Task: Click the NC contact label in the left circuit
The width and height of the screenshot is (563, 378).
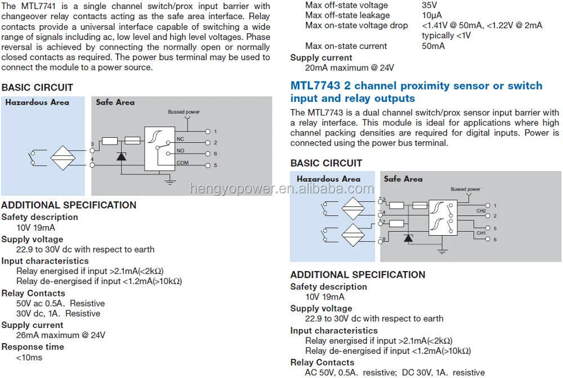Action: coord(180,138)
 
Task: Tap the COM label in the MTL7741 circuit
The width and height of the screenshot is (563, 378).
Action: coord(182,163)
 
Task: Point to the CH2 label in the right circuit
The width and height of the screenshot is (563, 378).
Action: coord(481,211)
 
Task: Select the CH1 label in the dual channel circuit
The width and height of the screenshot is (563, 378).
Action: coord(481,233)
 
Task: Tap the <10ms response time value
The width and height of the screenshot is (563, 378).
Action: coord(29,357)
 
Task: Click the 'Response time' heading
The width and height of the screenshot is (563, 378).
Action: coord(33,346)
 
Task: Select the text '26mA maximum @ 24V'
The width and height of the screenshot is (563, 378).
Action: coord(61,335)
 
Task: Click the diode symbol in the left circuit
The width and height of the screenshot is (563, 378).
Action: coord(121,156)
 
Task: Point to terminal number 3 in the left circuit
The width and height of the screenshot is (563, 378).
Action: coord(92,145)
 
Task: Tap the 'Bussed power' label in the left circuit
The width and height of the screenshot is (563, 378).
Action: coord(184,112)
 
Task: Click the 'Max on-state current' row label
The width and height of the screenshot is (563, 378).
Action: coord(346,46)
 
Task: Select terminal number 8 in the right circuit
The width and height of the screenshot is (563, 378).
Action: coord(384,240)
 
